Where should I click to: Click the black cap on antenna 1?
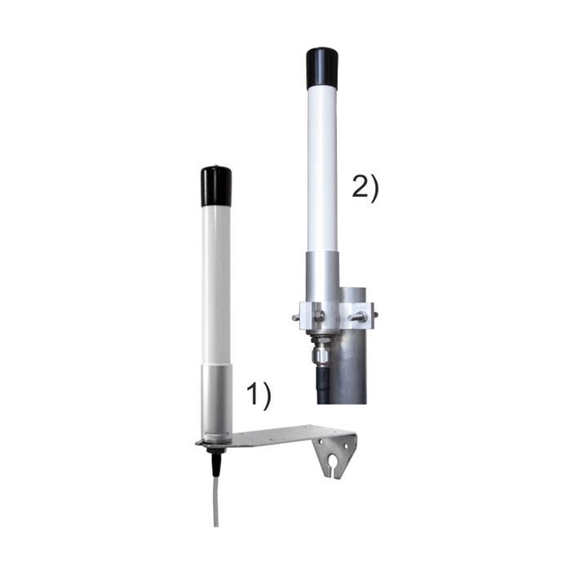click(x=216, y=186)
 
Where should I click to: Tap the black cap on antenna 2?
click(x=322, y=69)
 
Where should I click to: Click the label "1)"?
click(x=259, y=396)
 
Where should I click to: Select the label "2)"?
click(x=365, y=188)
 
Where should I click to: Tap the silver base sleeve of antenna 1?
click(x=216, y=400)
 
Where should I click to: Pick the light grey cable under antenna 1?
click(x=215, y=506)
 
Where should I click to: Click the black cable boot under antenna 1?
click(x=216, y=465)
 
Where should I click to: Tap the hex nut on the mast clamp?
click(x=319, y=316)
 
